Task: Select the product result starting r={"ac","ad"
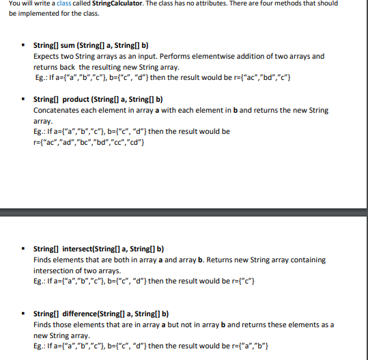tap(89, 141)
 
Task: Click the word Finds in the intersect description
tap(43, 260)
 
